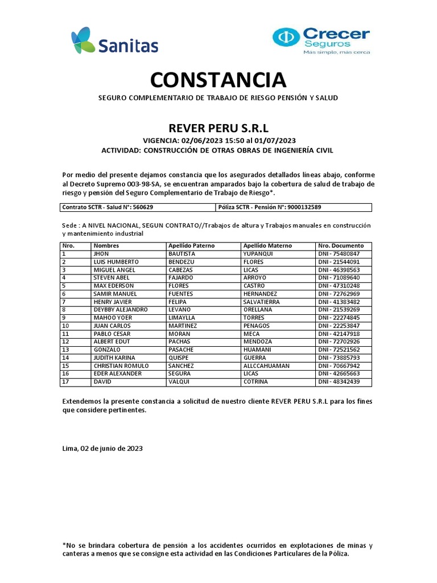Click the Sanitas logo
tap(114, 42)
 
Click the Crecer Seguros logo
tap(321, 40)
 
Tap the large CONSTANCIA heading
tap(218, 79)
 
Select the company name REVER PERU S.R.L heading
tap(218, 126)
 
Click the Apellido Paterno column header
tap(190, 245)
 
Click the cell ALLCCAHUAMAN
tap(266, 366)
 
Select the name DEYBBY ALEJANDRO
tap(120, 309)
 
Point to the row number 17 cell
tap(66, 381)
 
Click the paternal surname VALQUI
tap(178, 381)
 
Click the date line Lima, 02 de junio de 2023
tap(102, 449)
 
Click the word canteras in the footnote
tap(77, 553)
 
